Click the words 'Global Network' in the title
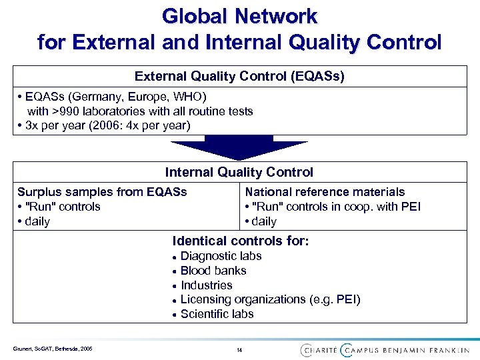point(240,15)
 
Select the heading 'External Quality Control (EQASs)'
point(240,76)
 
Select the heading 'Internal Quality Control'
point(239,172)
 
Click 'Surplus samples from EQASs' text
point(102,192)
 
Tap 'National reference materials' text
point(325,192)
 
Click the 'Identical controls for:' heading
point(241,241)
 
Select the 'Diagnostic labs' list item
point(221,256)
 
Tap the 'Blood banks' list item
point(213,271)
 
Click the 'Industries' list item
point(206,285)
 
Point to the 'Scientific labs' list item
point(217,314)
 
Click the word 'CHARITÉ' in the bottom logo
point(318,350)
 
